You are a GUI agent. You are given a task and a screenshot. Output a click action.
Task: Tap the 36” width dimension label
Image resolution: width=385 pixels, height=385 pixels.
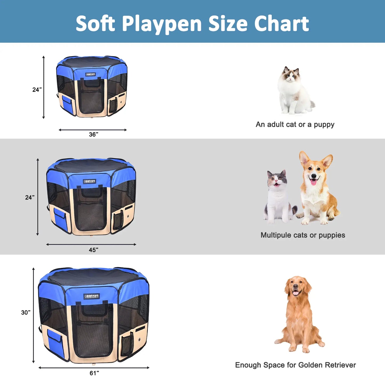click(94, 134)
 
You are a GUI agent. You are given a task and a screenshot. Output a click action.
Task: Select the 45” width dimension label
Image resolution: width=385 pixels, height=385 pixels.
click(94, 250)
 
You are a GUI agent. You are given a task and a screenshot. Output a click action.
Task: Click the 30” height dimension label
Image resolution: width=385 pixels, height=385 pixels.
click(26, 312)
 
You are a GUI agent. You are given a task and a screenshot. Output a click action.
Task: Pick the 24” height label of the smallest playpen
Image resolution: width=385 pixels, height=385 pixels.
click(37, 90)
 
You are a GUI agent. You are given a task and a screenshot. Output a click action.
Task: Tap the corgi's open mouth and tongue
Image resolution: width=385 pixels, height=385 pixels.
click(314, 182)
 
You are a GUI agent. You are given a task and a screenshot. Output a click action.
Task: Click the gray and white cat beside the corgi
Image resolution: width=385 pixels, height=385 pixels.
click(278, 197)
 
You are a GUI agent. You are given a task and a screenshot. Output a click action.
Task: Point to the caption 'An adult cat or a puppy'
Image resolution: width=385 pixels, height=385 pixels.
click(295, 124)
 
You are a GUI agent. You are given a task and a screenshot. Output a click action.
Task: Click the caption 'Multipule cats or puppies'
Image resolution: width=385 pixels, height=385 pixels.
click(303, 235)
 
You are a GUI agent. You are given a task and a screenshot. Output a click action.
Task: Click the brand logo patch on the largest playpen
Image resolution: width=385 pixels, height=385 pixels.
click(92, 296)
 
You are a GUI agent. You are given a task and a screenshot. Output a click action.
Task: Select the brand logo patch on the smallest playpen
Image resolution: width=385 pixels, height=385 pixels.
click(91, 74)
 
